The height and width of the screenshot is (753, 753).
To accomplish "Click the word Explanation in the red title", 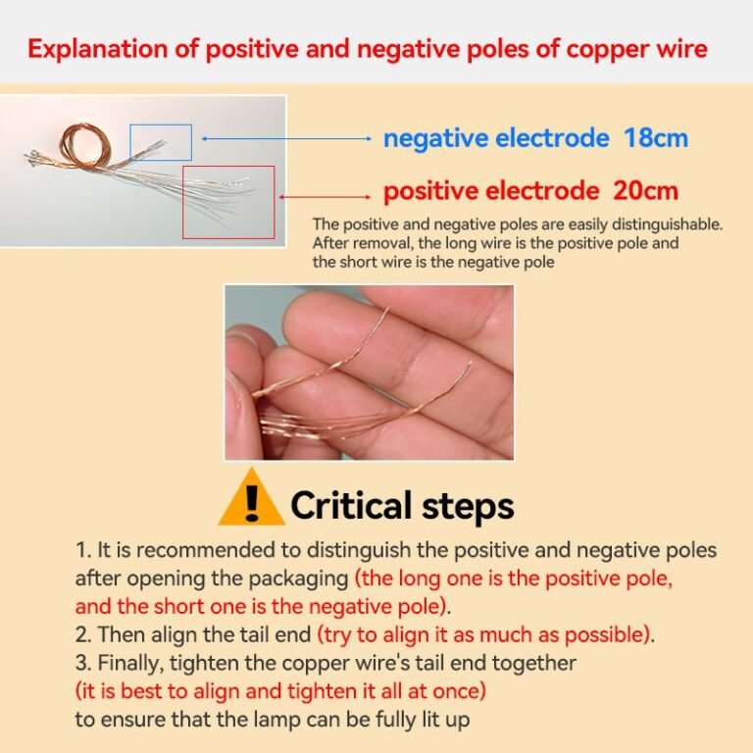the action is [98, 49].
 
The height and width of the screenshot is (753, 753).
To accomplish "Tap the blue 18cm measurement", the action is [656, 138].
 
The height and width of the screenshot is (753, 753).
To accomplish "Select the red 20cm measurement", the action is [645, 190].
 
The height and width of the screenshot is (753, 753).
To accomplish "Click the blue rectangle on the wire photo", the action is [161, 125].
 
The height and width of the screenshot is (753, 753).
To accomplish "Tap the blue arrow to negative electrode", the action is [286, 139].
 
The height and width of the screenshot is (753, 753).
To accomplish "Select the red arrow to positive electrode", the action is [325, 196].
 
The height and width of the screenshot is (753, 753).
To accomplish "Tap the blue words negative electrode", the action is [496, 138].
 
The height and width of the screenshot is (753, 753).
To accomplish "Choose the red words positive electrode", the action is [491, 191].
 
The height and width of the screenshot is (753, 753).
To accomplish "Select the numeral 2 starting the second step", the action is [81, 635].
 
